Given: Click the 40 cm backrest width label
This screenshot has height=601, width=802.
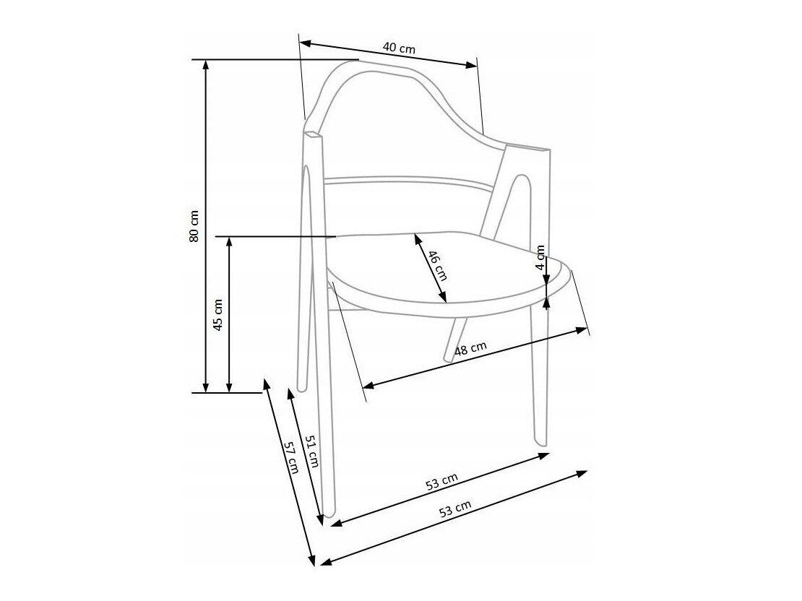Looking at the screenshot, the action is click(x=399, y=48).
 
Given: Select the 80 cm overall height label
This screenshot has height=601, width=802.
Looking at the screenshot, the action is click(x=194, y=225).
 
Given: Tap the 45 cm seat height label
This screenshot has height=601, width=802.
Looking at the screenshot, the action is click(x=218, y=314).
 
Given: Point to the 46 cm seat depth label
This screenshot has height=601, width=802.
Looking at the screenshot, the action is click(x=437, y=265).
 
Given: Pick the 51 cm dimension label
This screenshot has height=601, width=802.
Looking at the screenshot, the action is click(x=312, y=451).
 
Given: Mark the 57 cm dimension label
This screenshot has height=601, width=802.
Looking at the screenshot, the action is click(x=291, y=457).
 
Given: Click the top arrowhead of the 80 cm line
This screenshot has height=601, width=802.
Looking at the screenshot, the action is click(x=206, y=64).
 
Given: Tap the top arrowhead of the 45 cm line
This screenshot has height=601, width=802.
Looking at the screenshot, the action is click(x=229, y=242).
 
